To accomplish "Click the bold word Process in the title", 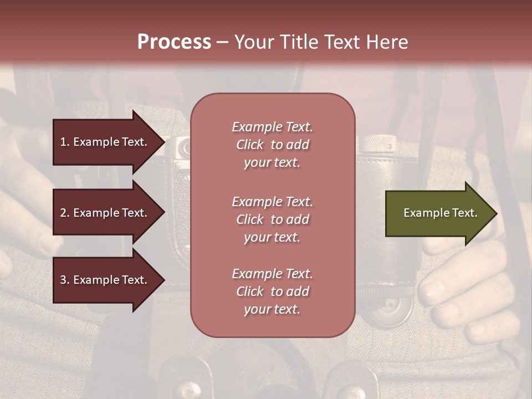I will pyautogui.click(x=174, y=42).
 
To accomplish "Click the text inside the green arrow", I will pyautogui.click(x=440, y=213).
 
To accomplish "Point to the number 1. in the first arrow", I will pyautogui.click(x=65, y=142).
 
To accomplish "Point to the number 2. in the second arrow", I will pyautogui.click(x=65, y=213).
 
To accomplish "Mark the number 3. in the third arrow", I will pyautogui.click(x=65, y=280).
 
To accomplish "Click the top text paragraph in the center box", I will pyautogui.click(x=272, y=145).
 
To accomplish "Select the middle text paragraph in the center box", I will pyautogui.click(x=272, y=219).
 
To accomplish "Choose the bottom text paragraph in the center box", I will pyautogui.click(x=272, y=291).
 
